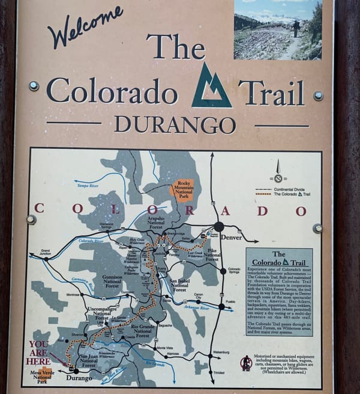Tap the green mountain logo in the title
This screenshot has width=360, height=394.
click(x=211, y=86)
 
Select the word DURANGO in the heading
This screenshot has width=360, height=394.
click(x=175, y=124)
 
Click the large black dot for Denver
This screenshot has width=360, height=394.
click(x=219, y=226)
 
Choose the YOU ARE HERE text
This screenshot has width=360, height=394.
click(x=40, y=353)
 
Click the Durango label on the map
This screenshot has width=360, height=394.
click(x=79, y=378)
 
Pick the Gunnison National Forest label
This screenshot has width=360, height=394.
click(x=112, y=281)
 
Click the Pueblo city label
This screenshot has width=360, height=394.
click(x=230, y=301)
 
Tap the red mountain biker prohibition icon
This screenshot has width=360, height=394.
click(x=246, y=363)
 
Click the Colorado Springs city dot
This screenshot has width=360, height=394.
click(x=223, y=271)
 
